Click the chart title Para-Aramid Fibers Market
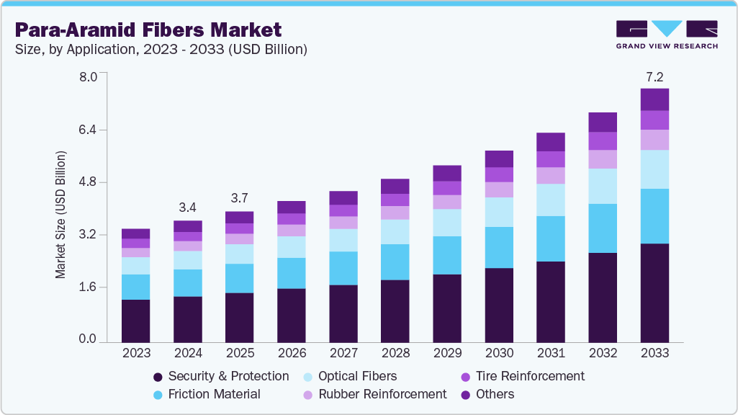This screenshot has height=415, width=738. pos(148,30)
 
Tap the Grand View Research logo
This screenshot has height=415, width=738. pos(666,34)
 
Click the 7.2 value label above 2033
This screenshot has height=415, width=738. pos(654,76)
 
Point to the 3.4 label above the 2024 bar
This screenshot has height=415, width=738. pos(188,207)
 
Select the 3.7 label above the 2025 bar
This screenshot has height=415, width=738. pos(240,198)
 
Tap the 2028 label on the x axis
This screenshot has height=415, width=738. pos(395,353)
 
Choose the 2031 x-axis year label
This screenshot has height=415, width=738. pos(551,353)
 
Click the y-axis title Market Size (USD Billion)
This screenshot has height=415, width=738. pos(61,215)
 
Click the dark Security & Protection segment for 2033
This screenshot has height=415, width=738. pos(654,292)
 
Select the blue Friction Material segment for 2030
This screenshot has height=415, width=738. pos(499,247)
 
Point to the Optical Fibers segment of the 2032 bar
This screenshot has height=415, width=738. pos(603,186)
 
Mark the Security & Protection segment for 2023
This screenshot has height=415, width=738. pos(136,320)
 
